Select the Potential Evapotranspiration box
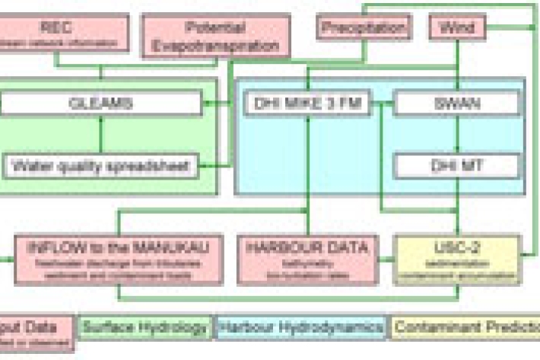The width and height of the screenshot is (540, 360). coord(215,37)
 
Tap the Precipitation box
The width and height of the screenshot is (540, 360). coord(364,29)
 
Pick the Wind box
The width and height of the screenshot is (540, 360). coord(456,29)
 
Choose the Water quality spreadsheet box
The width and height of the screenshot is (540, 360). coord(100,165)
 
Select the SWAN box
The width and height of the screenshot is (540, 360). coord(456,104)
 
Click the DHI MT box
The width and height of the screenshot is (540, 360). coord(456,165)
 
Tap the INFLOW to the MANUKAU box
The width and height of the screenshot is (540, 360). coord(119,258)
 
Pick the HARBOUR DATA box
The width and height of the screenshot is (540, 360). coord(307,258)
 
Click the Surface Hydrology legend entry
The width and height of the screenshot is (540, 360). coord(145,328)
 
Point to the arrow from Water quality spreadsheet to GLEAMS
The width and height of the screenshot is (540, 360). coord(100,135)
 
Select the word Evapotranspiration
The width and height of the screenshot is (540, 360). coord(215,46)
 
